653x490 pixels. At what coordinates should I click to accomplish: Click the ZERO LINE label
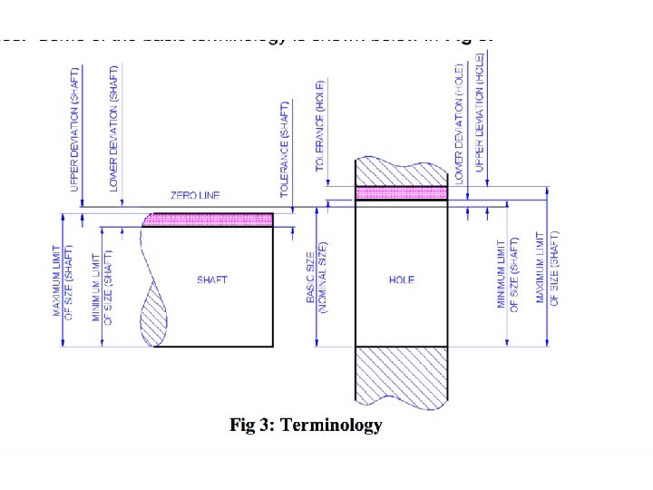(x=195, y=195)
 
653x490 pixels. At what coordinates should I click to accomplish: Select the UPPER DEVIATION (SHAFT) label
(x=76, y=127)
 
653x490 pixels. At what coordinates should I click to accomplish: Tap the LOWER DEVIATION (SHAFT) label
(x=113, y=127)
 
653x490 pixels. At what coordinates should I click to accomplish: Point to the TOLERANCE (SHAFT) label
(x=285, y=150)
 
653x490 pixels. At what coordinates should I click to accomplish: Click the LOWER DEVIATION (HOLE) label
(x=460, y=122)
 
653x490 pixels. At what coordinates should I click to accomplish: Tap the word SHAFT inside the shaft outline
(x=212, y=280)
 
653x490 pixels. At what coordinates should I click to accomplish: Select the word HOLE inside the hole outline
(x=401, y=280)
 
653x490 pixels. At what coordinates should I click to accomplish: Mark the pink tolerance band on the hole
(x=401, y=192)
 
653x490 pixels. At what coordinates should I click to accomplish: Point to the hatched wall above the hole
(x=401, y=171)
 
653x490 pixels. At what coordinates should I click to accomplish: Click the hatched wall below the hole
(x=401, y=374)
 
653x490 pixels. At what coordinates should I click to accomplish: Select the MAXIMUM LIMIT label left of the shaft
(x=62, y=280)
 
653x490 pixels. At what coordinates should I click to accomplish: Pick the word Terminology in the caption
(x=332, y=425)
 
